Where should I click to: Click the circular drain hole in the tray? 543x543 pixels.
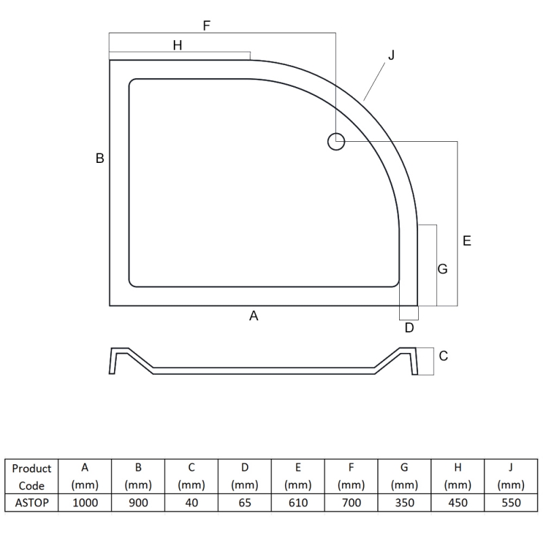click(336, 142)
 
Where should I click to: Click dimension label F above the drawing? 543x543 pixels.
click(207, 26)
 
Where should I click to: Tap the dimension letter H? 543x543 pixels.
click(177, 45)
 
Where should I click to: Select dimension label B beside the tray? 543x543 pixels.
click(100, 158)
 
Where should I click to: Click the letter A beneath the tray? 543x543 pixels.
click(254, 315)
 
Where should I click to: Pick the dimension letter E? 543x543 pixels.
click(467, 240)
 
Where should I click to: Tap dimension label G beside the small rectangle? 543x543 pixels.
click(443, 269)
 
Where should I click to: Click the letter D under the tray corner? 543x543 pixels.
click(409, 329)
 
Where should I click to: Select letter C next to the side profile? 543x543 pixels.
click(443, 356)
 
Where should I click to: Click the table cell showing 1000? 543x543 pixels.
click(86, 503)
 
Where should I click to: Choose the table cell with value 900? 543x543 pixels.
click(138, 503)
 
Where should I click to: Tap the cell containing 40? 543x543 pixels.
click(191, 503)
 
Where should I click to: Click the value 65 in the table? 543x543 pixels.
click(245, 503)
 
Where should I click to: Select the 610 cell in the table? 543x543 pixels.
click(298, 503)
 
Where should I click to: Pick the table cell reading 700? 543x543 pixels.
click(351, 503)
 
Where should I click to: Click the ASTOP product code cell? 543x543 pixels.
click(32, 503)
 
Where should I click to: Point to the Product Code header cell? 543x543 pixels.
click(32, 476)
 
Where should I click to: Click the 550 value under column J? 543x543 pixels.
click(510, 503)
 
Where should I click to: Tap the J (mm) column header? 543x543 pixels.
click(510, 476)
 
